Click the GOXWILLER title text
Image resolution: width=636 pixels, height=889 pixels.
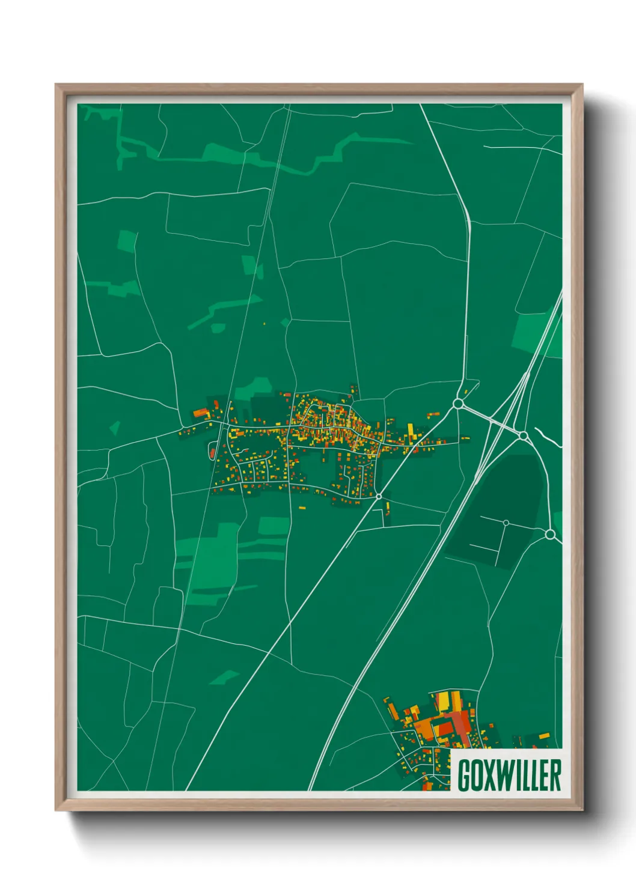click(x=509, y=775)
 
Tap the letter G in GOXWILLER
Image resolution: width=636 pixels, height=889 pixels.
click(x=464, y=775)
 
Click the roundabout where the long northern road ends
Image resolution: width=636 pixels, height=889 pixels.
click(x=459, y=404)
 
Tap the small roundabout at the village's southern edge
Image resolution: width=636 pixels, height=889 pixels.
click(x=379, y=496)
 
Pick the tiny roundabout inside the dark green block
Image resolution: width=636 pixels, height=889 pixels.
click(x=506, y=523)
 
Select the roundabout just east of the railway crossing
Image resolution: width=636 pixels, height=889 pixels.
click(x=523, y=435)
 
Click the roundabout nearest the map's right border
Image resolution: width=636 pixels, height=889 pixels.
click(x=549, y=534)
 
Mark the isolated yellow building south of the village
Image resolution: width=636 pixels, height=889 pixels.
click(x=302, y=508)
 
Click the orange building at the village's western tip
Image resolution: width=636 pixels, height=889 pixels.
click(x=200, y=414)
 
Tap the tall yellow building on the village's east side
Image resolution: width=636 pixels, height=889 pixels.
click(x=411, y=430)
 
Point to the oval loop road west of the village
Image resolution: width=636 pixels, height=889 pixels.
click(x=212, y=451)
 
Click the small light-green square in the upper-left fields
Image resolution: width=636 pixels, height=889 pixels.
click(x=126, y=241)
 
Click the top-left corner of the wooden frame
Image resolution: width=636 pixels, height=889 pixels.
click(x=57, y=85)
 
